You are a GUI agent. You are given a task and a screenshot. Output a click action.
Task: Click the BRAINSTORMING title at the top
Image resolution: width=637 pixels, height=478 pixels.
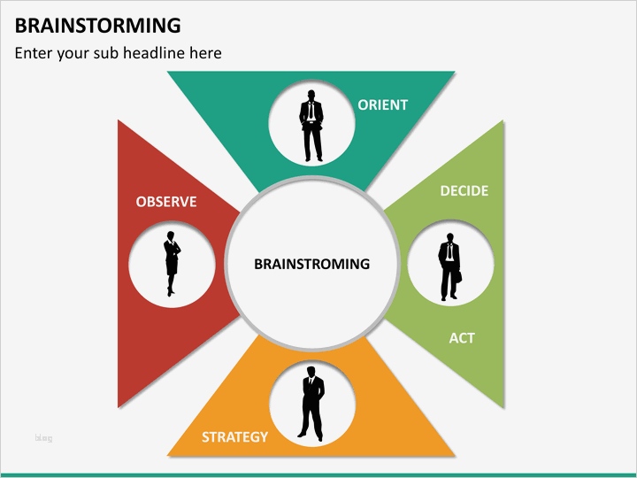pos(98,25)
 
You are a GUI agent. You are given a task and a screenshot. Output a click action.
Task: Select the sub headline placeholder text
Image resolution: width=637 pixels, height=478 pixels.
pos(118,53)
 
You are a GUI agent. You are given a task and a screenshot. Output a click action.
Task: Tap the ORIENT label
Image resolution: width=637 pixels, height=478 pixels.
pos(382,104)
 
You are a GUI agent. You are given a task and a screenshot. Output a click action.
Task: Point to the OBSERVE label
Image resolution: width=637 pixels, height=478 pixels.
pos(166,202)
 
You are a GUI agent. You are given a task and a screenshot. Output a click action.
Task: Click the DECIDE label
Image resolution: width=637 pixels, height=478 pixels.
pos(464,190)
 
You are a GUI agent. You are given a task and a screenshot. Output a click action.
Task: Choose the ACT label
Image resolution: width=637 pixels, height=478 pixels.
pos(462,337)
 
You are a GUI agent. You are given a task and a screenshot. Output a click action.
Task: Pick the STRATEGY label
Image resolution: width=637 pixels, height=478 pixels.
pos(234,436)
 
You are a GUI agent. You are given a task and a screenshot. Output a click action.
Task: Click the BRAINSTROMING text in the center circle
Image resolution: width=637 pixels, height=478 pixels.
pos(311,264)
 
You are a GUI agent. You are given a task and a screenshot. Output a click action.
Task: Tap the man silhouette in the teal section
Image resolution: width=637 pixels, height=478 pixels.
pos(311,126)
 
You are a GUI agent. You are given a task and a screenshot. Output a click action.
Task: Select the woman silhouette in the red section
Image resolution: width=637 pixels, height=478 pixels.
pos(171,264)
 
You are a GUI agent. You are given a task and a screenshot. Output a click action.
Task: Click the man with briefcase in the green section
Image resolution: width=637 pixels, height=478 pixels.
pos(449,266)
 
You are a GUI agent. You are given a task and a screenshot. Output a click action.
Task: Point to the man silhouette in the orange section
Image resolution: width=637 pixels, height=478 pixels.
pos(311,404)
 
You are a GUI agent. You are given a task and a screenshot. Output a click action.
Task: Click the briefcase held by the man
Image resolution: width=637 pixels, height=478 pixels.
pos(457,275)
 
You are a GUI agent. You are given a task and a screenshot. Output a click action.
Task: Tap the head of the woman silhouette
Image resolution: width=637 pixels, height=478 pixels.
pos(171,236)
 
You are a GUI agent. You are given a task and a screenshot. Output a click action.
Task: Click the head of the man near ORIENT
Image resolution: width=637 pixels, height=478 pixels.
pos(311,96)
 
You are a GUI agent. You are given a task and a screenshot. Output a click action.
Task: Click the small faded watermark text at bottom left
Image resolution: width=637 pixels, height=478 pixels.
pos(43,438)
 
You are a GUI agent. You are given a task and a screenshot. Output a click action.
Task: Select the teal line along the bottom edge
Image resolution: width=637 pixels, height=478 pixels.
pos(318,474)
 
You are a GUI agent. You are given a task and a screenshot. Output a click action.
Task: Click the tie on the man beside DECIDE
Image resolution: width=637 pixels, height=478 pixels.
pos(449,253)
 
